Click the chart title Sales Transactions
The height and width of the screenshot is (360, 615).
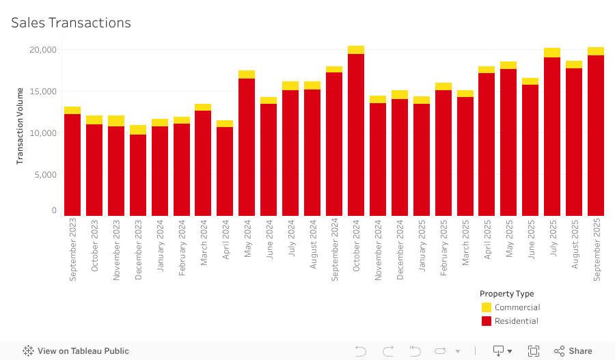tap(70, 23)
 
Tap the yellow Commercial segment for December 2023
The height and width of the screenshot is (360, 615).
tap(138, 130)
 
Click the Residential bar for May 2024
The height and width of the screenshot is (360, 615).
tap(247, 147)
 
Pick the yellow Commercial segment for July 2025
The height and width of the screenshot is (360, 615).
tap(552, 53)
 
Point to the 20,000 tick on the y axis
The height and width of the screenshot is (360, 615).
tap(43, 50)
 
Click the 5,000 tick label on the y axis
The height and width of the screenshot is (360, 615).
tap(45, 174)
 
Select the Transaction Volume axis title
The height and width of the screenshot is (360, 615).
tap(20, 126)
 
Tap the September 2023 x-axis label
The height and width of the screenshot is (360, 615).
tap(73, 249)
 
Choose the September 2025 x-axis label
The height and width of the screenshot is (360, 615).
tap(596, 249)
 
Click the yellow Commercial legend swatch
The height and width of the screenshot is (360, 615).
tap(487, 307)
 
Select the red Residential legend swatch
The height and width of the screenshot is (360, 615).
tap(487, 321)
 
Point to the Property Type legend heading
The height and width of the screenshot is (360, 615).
tap(506, 294)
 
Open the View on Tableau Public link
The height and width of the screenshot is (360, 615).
tap(76, 351)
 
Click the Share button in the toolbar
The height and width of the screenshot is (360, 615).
tap(573, 351)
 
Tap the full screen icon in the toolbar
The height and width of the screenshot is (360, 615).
tap(534, 351)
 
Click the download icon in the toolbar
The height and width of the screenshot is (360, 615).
tap(500, 351)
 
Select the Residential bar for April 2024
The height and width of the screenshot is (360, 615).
tap(225, 171)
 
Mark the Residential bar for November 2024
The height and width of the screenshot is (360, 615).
tap(378, 159)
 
